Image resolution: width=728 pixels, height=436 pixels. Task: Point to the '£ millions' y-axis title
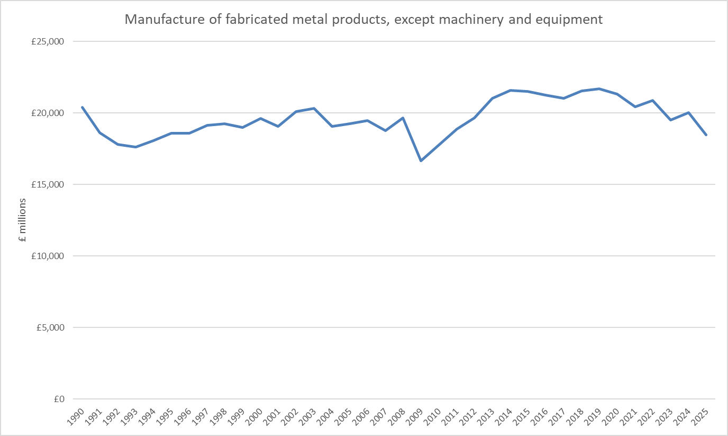pos(22,220)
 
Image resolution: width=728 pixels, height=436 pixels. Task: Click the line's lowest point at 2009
pos(421,161)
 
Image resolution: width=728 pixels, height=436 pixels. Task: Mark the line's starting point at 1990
pos(82,107)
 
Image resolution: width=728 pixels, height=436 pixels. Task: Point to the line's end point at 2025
pos(706,135)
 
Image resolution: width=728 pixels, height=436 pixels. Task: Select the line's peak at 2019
pos(599,88)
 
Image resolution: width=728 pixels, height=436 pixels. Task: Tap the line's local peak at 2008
pos(403,118)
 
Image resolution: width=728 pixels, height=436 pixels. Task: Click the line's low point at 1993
pos(135,147)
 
